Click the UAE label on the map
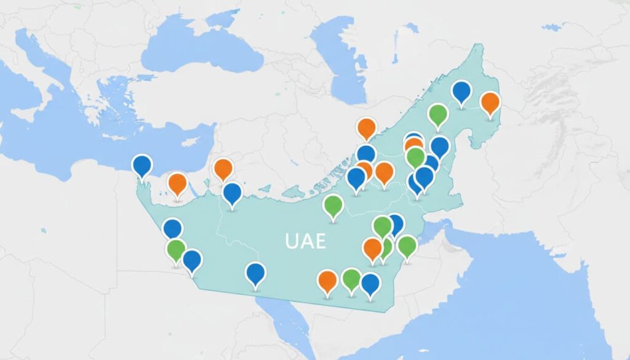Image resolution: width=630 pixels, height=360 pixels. pos(305,241)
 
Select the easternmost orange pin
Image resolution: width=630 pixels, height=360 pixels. pos(490,103)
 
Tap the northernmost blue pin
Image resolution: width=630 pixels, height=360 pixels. pos(461,93)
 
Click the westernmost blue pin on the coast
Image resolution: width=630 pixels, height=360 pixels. pos(142,166)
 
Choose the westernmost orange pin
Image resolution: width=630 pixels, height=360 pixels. pos(178,184)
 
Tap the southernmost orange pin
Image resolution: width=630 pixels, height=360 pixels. pos(328,281)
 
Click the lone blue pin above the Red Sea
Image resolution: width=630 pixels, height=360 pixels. pos(255,273)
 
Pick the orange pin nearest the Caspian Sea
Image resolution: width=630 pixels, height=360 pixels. pos(366,129)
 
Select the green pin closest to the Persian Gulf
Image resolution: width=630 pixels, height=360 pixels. pos(407,247)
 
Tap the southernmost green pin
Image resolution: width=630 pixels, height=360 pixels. pos(351,279)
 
